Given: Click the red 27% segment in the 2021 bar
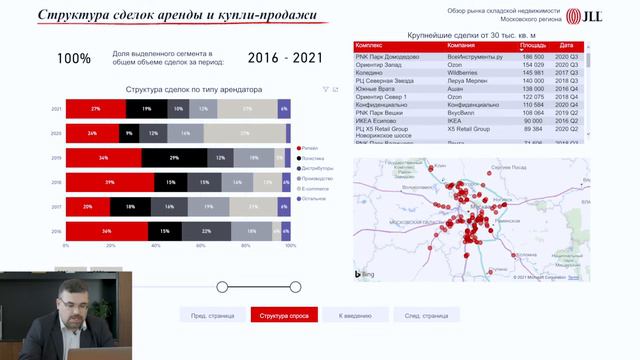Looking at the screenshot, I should [95, 108].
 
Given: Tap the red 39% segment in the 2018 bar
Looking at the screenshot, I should [110, 183].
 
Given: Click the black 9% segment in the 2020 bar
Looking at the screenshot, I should [128, 133].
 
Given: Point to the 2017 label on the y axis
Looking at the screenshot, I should [57, 207].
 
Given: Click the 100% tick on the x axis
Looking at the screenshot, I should [290, 246].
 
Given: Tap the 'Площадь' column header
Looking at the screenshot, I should [532, 46].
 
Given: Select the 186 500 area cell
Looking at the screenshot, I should [534, 58].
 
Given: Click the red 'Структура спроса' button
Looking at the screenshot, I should [284, 315].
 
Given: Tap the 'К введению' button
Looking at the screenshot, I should [355, 315].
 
